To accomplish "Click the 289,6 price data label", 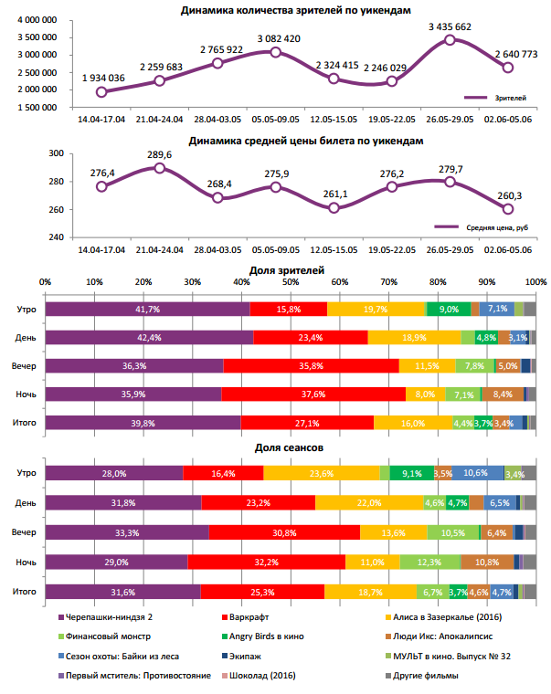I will [x=159, y=156].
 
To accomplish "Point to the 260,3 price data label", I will [x=509, y=195].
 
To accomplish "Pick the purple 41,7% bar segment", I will [x=147, y=310].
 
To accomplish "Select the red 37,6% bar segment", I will [x=313, y=394].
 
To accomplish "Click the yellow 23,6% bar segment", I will [x=322, y=473].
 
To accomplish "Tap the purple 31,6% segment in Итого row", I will [x=122, y=592].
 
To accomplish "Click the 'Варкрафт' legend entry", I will [x=249, y=618].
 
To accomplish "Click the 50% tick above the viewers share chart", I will [x=291, y=281].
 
